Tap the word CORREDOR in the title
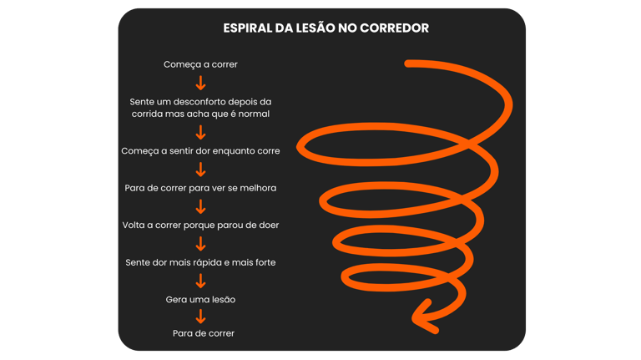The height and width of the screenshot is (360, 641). [393, 28]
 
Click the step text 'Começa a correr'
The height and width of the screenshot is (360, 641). [200, 64]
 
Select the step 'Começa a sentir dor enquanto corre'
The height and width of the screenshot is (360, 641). [200, 151]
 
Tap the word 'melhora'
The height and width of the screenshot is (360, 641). [256, 188]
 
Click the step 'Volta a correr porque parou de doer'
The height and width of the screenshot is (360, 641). [200, 226]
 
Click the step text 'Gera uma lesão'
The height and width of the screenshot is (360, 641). [200, 299]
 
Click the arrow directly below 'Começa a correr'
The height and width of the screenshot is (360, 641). [200, 83]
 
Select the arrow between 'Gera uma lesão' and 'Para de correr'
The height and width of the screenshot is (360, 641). [200, 317]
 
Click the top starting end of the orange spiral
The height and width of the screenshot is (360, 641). [409, 63]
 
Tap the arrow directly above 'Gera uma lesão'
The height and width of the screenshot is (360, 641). [200, 281]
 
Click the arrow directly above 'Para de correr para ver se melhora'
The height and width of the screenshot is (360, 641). [200, 170]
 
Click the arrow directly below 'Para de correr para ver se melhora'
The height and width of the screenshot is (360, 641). [200, 207]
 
